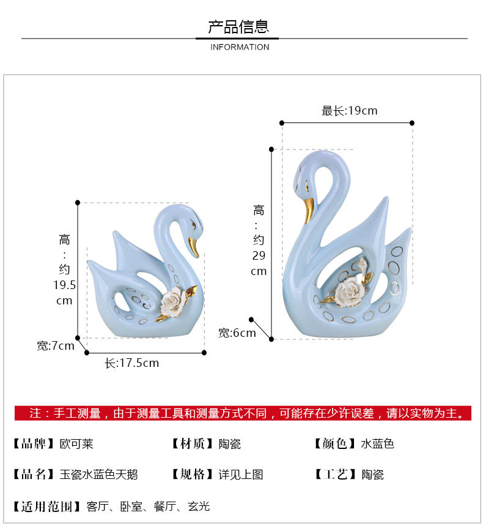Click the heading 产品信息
[x=238, y=27]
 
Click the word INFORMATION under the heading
[x=240, y=47]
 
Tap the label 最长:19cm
[x=350, y=111]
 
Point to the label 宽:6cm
[x=237, y=333]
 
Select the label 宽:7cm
[x=55, y=346]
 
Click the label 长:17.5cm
[x=131, y=363]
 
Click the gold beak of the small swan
[x=194, y=247]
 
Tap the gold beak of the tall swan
[x=309, y=209]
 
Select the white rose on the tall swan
[x=347, y=287]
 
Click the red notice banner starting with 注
[x=243, y=413]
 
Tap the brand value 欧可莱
[x=77, y=444]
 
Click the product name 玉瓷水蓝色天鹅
[x=98, y=475]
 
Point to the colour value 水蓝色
[x=377, y=444]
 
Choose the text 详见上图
[x=241, y=475]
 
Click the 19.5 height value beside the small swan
[x=65, y=285]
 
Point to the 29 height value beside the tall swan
[x=259, y=255]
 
